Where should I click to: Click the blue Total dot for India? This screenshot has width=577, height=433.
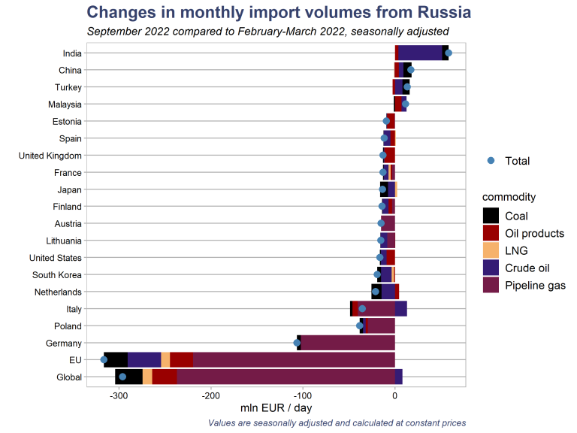pyautogui.click(x=449, y=53)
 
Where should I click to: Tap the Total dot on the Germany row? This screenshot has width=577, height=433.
pyautogui.click(x=297, y=343)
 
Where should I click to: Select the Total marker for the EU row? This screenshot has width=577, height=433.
pyautogui.click(x=104, y=360)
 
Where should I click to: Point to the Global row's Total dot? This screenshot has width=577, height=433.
pyautogui.click(x=122, y=377)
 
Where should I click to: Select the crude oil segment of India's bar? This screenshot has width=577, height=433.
pyautogui.click(x=419, y=53)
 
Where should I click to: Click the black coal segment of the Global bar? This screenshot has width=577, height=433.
pyautogui.click(x=128, y=377)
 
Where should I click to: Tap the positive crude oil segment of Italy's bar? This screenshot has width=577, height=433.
pyautogui.click(x=400, y=308)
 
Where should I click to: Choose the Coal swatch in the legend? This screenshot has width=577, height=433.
pyautogui.click(x=491, y=216)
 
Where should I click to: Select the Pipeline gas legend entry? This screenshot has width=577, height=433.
pyautogui.click(x=535, y=286)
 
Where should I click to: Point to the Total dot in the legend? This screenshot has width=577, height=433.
pyautogui.click(x=491, y=160)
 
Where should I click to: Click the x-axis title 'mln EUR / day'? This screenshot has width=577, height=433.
pyautogui.click(x=276, y=408)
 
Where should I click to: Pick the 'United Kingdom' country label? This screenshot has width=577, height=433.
pyautogui.click(x=50, y=156)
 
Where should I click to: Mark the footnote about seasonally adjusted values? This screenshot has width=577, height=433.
pyautogui.click(x=337, y=423)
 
